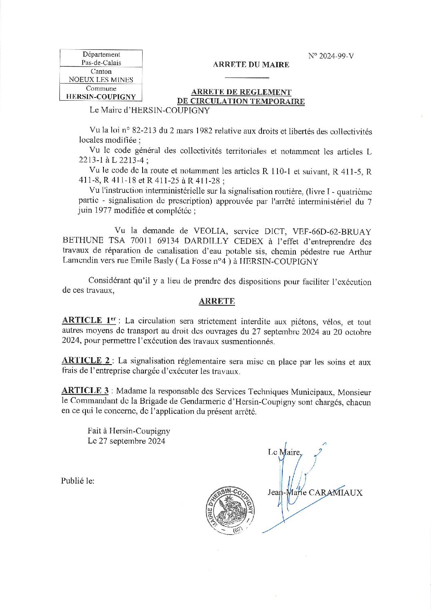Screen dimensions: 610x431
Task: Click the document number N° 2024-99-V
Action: point(331,56)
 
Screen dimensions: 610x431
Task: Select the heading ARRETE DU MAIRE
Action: point(251,64)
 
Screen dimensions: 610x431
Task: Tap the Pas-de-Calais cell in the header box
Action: point(101,63)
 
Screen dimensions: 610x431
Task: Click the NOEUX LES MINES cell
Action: point(101,80)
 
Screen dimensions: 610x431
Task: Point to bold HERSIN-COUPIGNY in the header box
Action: point(101,97)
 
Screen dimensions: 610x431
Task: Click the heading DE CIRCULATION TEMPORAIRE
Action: point(241,102)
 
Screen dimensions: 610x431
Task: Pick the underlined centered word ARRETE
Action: point(217,301)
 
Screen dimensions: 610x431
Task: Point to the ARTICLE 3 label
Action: point(85,391)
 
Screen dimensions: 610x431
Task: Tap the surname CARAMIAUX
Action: point(335,493)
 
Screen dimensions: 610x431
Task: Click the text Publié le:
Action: point(78,481)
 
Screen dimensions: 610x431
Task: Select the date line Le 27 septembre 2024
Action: point(126,441)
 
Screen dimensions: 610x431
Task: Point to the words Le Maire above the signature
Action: point(284,452)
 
